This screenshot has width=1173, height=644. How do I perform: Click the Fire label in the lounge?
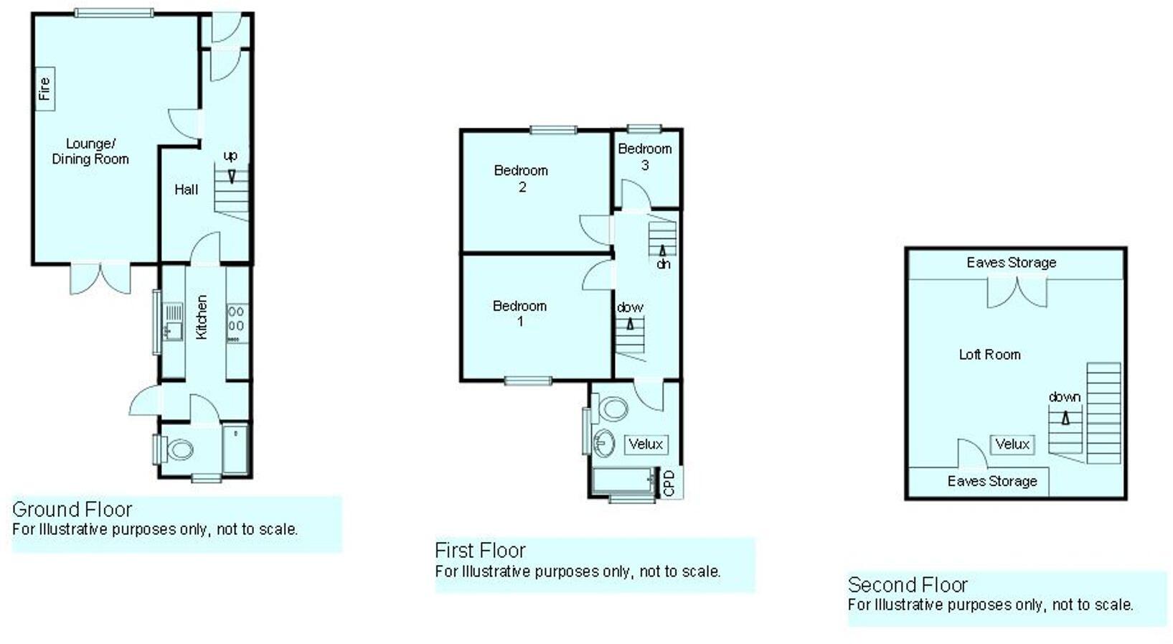pyautogui.click(x=44, y=88)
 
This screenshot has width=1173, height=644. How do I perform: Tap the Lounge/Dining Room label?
pyautogui.click(x=90, y=151)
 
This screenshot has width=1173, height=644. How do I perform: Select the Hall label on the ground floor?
pyautogui.click(x=187, y=190)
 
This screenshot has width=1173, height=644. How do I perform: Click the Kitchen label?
pyautogui.click(x=202, y=317)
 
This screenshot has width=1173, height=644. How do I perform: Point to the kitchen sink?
pyautogui.click(x=173, y=330)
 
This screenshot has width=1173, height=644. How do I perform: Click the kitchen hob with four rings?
pyautogui.click(x=236, y=319)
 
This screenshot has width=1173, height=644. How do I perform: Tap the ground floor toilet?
pyautogui.click(x=179, y=450)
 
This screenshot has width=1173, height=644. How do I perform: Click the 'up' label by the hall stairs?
pyautogui.click(x=230, y=156)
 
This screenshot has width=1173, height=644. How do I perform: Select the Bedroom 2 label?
pyautogui.click(x=521, y=178)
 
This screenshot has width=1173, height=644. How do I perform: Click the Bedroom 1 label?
pyautogui.click(x=519, y=313)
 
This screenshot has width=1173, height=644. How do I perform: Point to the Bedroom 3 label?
pyautogui.click(x=645, y=156)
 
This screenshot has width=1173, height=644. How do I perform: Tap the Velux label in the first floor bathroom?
pyautogui.click(x=646, y=444)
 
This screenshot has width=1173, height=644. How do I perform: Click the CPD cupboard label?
pyautogui.click(x=669, y=482)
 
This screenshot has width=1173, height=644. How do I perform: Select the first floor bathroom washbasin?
pyautogui.click(x=603, y=442)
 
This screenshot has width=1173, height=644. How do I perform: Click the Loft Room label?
pyautogui.click(x=989, y=354)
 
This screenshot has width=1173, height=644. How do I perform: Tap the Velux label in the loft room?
pyautogui.click(x=1012, y=444)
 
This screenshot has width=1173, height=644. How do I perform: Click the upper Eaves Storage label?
pyautogui.click(x=1011, y=263)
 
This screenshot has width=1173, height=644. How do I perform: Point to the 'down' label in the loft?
pyautogui.click(x=1064, y=397)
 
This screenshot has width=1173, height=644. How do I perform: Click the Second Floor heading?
pyautogui.click(x=908, y=584)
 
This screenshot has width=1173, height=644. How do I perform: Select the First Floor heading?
pyautogui.click(x=480, y=551)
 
